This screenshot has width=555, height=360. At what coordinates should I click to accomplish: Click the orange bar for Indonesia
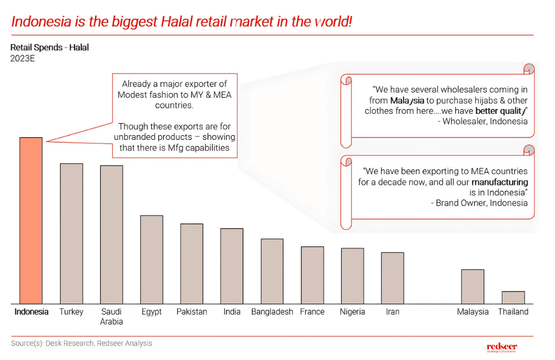[x=31, y=220]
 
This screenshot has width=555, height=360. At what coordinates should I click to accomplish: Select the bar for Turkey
[x=71, y=233]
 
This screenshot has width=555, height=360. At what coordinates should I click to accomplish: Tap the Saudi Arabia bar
[x=112, y=235]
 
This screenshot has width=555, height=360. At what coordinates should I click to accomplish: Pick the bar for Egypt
[x=152, y=259]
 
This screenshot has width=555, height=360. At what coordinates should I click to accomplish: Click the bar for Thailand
[x=513, y=297]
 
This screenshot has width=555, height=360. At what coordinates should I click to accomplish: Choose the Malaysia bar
[x=473, y=287]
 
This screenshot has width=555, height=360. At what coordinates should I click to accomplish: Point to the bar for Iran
[x=392, y=278]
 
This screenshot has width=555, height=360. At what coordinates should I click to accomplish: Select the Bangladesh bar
[x=272, y=271]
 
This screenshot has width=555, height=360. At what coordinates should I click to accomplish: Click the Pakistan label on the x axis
[x=192, y=312]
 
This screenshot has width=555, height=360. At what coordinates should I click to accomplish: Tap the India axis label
[x=232, y=312]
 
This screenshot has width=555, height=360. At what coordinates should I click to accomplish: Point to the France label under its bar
[x=312, y=312]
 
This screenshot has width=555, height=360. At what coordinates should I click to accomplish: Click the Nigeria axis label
[x=352, y=312]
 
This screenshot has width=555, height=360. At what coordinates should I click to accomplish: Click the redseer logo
[x=502, y=347]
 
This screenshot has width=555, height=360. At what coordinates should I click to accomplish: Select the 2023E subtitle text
[x=22, y=58]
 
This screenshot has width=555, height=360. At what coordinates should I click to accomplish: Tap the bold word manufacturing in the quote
[x=500, y=182]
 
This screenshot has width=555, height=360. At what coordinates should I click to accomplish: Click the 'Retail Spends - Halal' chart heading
[x=49, y=47]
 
